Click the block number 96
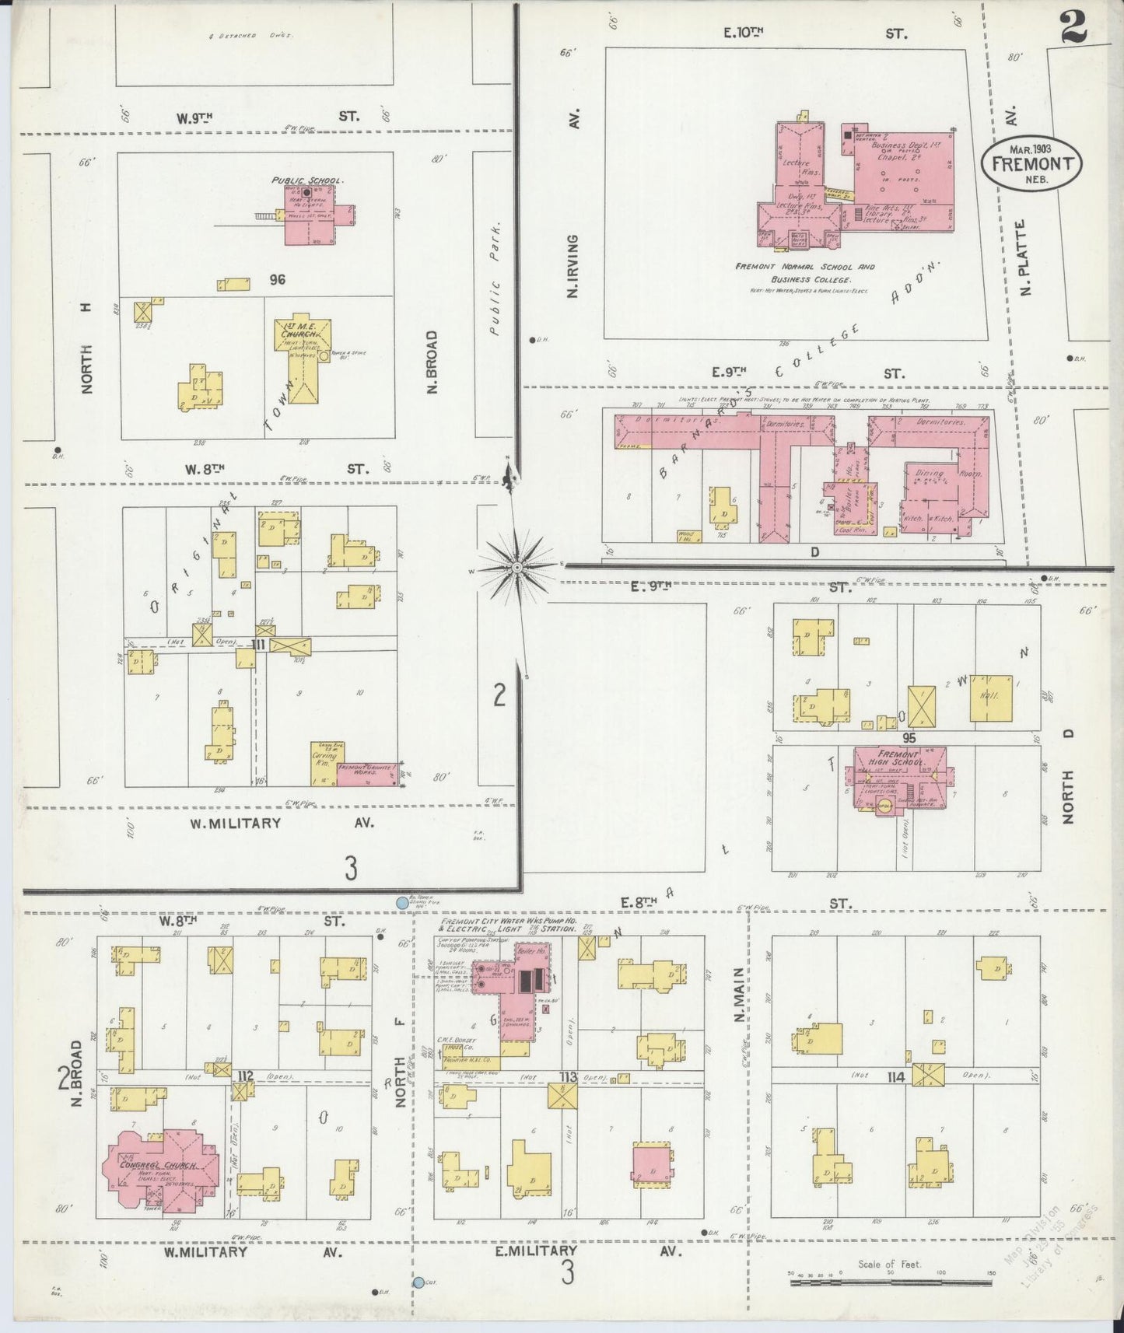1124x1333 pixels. pos(277,280)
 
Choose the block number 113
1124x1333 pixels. pos(566,1077)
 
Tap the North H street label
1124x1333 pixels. pos(86,348)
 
